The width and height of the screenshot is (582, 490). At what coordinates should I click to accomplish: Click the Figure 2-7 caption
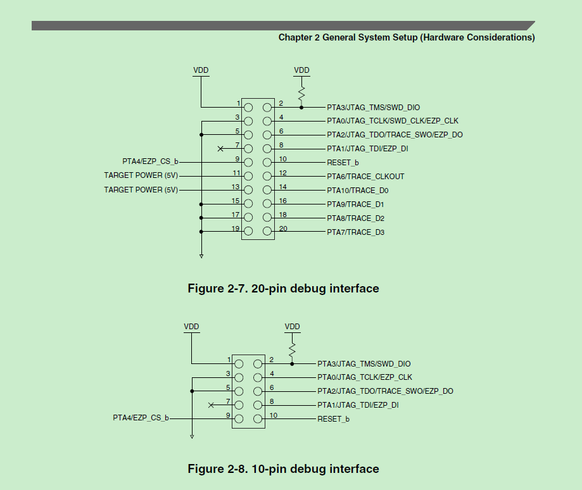click(283, 289)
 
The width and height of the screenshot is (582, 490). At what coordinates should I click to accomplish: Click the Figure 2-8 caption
click(283, 469)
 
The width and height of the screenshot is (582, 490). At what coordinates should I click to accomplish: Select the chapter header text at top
click(407, 37)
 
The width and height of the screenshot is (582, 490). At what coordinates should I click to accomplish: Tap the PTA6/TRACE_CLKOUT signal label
click(365, 177)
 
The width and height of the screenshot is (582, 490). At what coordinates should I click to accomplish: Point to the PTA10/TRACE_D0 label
click(357, 191)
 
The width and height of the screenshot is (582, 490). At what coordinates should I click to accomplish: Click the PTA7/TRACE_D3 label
click(355, 232)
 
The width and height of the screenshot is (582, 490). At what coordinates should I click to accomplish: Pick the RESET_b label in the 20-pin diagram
click(343, 163)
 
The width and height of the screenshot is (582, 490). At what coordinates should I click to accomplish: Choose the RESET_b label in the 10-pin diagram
click(333, 419)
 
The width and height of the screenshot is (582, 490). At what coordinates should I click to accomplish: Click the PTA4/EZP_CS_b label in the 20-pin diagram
click(150, 162)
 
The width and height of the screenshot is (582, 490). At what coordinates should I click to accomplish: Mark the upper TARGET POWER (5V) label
click(141, 176)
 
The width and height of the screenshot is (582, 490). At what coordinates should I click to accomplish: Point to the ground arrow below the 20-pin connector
click(201, 255)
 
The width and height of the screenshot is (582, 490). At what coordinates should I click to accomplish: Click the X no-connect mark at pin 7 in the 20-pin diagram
click(220, 149)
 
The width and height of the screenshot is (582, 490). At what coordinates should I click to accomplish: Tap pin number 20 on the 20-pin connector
click(283, 229)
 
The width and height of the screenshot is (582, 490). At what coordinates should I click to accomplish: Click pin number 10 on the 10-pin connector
click(274, 415)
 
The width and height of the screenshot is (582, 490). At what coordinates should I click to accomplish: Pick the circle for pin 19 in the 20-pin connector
click(248, 232)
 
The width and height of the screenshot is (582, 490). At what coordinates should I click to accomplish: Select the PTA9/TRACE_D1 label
click(355, 204)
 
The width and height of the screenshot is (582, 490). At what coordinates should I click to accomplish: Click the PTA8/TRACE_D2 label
click(355, 218)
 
